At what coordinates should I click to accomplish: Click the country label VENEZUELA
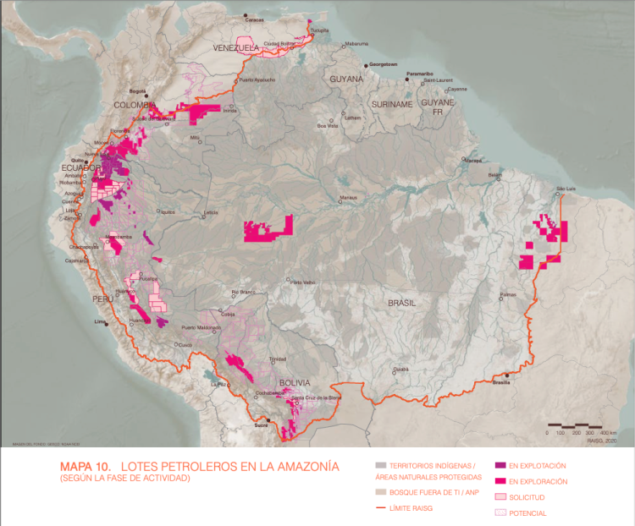(x=235, y=48)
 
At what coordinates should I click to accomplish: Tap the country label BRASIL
(x=402, y=302)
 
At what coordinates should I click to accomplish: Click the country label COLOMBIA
(x=136, y=104)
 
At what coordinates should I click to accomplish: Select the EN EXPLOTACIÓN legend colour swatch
(x=500, y=465)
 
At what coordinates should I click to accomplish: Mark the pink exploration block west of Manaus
(x=268, y=230)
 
